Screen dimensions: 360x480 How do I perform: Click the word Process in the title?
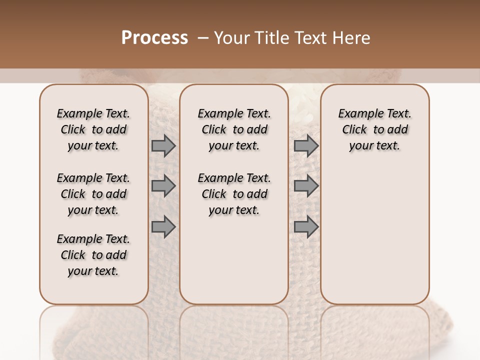tap(154, 37)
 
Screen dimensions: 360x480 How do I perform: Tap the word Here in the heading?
tap(351, 37)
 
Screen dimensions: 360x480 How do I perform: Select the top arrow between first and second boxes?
tap(163, 146)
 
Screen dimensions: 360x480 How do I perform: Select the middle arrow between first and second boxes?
tap(163, 186)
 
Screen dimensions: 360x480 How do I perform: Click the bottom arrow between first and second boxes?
tap(163, 227)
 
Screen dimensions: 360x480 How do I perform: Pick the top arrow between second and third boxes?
tap(306, 146)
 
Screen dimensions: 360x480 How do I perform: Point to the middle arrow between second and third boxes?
tap(306, 186)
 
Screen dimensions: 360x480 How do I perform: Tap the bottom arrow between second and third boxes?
tap(306, 227)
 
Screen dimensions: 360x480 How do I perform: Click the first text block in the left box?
tap(93, 129)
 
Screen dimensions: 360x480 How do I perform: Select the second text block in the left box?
tap(93, 194)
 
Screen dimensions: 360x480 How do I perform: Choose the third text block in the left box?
tap(93, 255)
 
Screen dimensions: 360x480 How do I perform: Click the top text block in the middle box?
tap(234, 129)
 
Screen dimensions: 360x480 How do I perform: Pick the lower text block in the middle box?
tap(234, 194)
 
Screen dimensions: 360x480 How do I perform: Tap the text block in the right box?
tap(374, 129)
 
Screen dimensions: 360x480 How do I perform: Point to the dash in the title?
tap(202, 37)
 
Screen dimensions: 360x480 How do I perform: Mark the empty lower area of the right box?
tap(374, 230)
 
